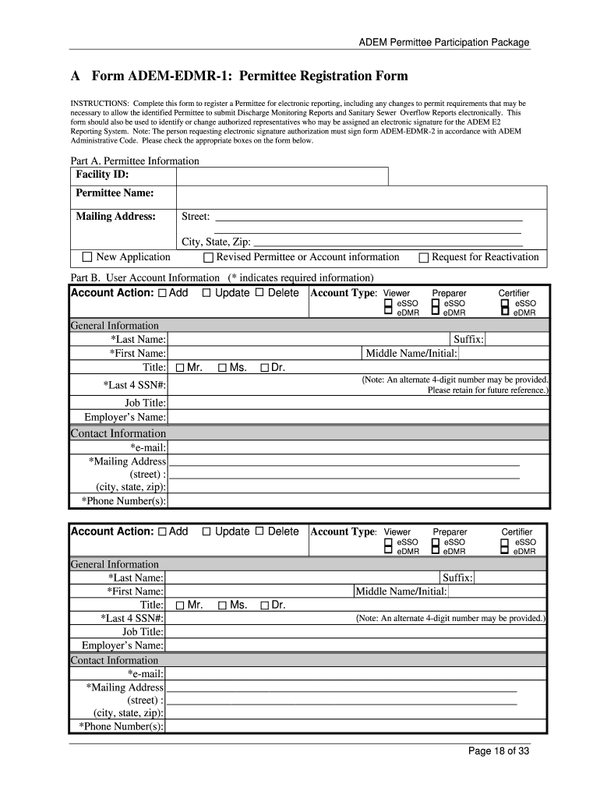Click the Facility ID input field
click(282, 175)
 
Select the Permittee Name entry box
click(362, 194)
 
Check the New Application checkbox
click(87, 257)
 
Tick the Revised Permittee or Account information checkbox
click(208, 258)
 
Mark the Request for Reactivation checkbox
click(424, 258)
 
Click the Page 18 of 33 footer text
click(499, 751)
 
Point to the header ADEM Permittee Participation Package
click(444, 43)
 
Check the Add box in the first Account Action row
click(162, 294)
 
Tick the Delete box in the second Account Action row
click(260, 531)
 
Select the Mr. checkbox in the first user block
click(181, 368)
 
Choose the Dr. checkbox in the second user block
click(264, 606)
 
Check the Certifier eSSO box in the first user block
click(505, 303)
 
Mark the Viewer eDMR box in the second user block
click(388, 551)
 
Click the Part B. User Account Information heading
click(145, 277)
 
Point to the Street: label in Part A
click(196, 217)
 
